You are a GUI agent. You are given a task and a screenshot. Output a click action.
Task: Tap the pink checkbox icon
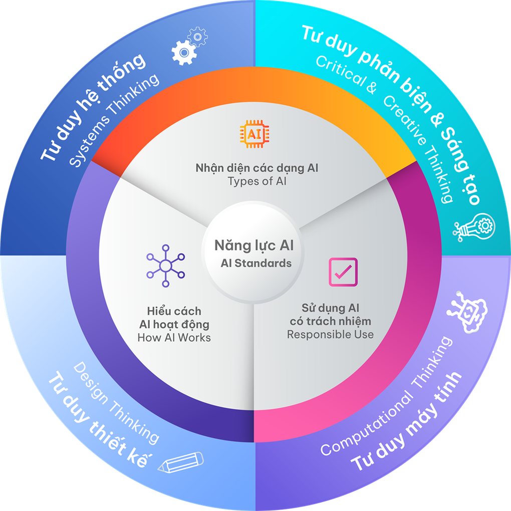point(343,272)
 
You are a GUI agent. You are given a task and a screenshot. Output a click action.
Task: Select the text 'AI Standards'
point(256,263)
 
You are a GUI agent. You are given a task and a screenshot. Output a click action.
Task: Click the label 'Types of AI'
point(257,181)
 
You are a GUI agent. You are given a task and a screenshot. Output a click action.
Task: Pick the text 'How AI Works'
point(174,337)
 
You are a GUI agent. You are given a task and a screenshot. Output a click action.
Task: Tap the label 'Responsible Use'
point(330,334)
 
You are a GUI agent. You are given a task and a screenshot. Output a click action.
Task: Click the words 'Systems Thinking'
point(114,121)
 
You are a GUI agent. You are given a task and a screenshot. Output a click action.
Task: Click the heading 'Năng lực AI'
point(254,245)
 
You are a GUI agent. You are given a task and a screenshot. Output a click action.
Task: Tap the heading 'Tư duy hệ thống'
point(93,107)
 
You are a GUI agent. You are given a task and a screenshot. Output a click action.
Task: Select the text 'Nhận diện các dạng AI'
point(257,168)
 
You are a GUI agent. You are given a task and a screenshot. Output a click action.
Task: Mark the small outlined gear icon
point(198,37)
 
